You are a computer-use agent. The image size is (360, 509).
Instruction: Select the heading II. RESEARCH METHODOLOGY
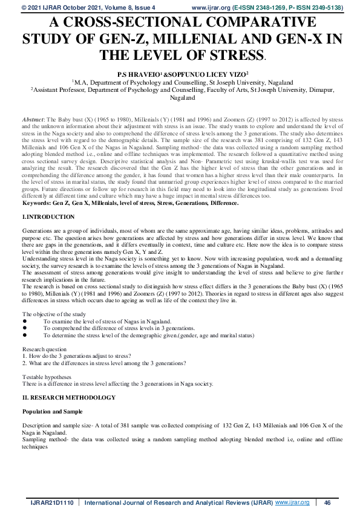click(x=68, y=397)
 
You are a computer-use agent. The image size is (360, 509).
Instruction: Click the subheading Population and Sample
click(x=52, y=411)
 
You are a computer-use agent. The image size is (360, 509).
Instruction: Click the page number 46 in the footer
click(x=327, y=502)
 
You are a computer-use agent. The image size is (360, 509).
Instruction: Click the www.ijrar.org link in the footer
click(x=292, y=502)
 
